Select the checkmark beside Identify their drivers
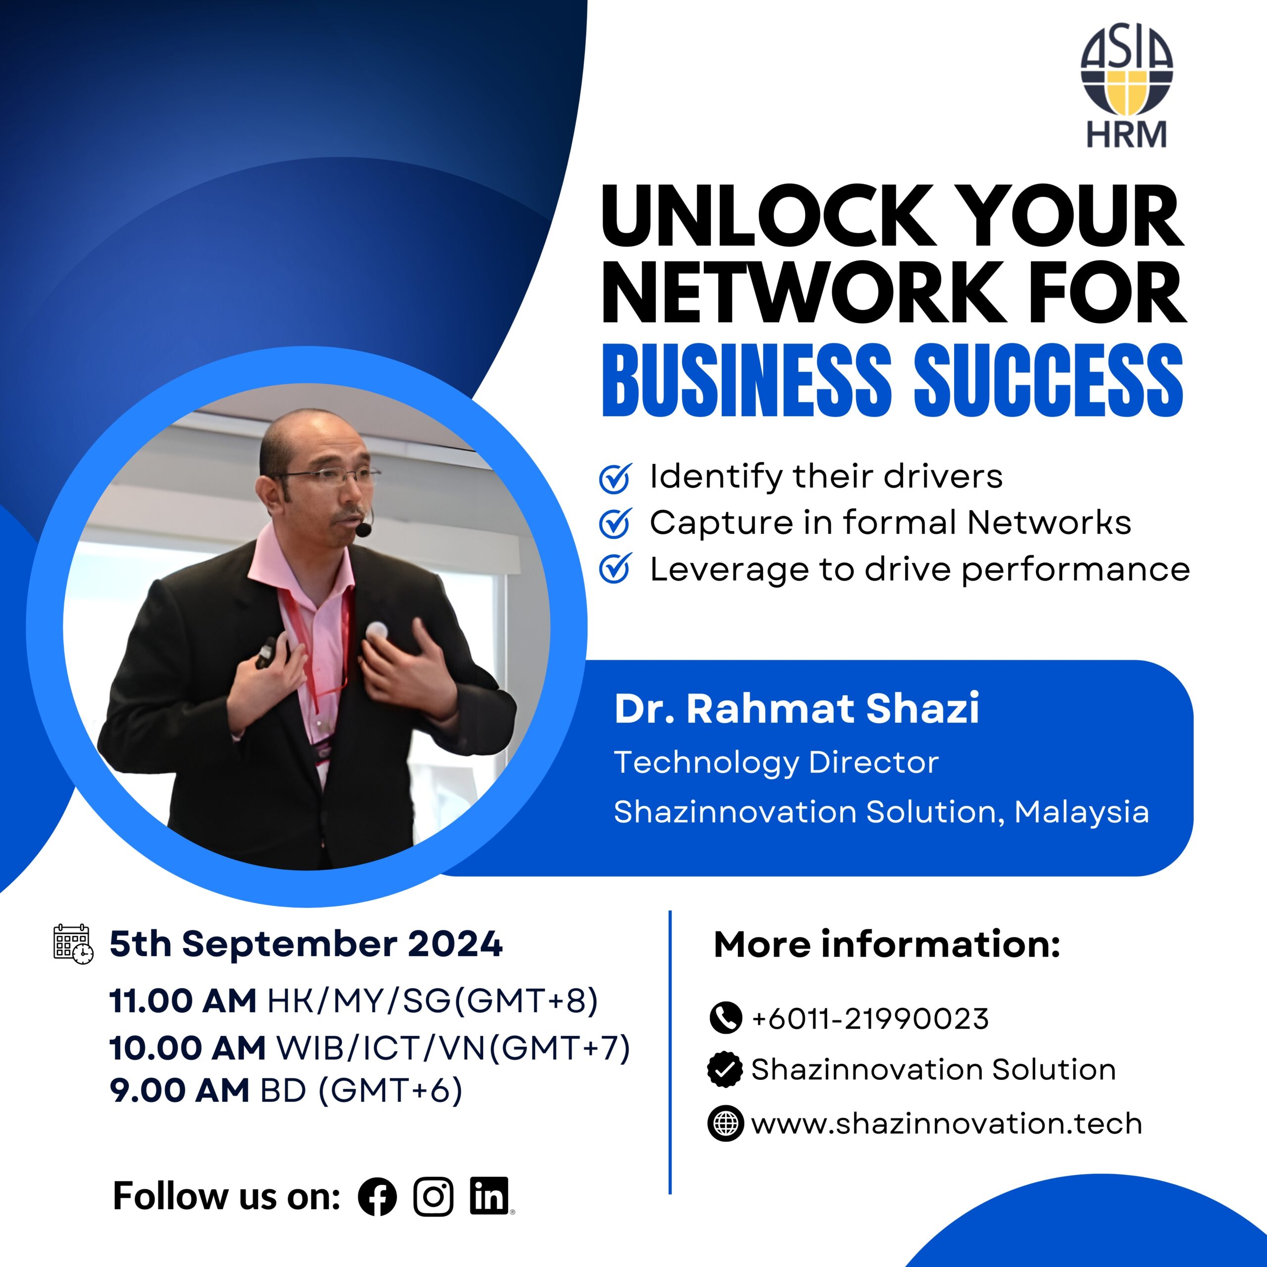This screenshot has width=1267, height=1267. [615, 478]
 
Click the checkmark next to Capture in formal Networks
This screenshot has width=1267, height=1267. [615, 523]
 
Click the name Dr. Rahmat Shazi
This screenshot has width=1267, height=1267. [797, 708]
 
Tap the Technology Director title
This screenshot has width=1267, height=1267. [777, 763]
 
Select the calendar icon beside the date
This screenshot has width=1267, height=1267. [73, 944]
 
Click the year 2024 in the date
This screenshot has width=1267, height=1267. [455, 944]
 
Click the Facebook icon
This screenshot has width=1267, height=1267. [377, 1197]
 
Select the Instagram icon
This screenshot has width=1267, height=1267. [434, 1197]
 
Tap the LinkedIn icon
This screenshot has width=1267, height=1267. [489, 1196]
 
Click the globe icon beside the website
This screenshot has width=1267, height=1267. [726, 1123]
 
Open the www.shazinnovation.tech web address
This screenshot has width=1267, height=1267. [947, 1123]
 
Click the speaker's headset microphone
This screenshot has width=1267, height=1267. [363, 526]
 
